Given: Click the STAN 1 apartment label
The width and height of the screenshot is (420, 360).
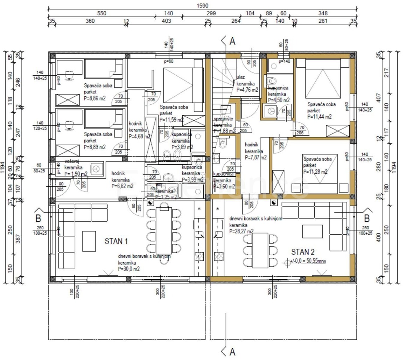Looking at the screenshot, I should [116, 241].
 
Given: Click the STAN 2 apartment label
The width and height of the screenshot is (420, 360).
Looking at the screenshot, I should [303, 252].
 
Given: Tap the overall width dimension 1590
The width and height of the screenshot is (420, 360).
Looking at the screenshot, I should [202, 6].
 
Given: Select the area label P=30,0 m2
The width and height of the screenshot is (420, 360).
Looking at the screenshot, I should [129, 269].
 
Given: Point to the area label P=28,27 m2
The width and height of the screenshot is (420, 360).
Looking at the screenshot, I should [241, 231].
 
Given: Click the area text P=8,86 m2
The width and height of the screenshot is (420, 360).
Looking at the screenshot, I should [95, 99].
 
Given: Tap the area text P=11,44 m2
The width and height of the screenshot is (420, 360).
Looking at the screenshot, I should [319, 117].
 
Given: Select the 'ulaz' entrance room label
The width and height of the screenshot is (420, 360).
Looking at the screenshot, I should [240, 77].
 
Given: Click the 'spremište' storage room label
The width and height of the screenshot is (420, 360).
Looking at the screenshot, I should [223, 119].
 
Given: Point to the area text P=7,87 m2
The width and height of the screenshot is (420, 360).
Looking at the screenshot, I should [255, 158].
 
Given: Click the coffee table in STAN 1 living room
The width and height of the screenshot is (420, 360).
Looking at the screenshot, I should [89, 241].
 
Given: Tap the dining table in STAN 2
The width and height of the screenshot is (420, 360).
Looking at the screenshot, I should [260, 250].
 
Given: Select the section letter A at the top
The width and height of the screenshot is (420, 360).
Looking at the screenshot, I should [232, 42].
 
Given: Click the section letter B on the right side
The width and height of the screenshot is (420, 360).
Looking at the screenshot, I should [367, 219].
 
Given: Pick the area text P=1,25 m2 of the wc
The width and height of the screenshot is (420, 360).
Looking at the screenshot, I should [164, 198].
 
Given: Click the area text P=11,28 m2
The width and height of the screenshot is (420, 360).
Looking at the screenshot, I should [316, 172].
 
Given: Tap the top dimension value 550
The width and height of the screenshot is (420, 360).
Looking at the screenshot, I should [101, 14].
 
